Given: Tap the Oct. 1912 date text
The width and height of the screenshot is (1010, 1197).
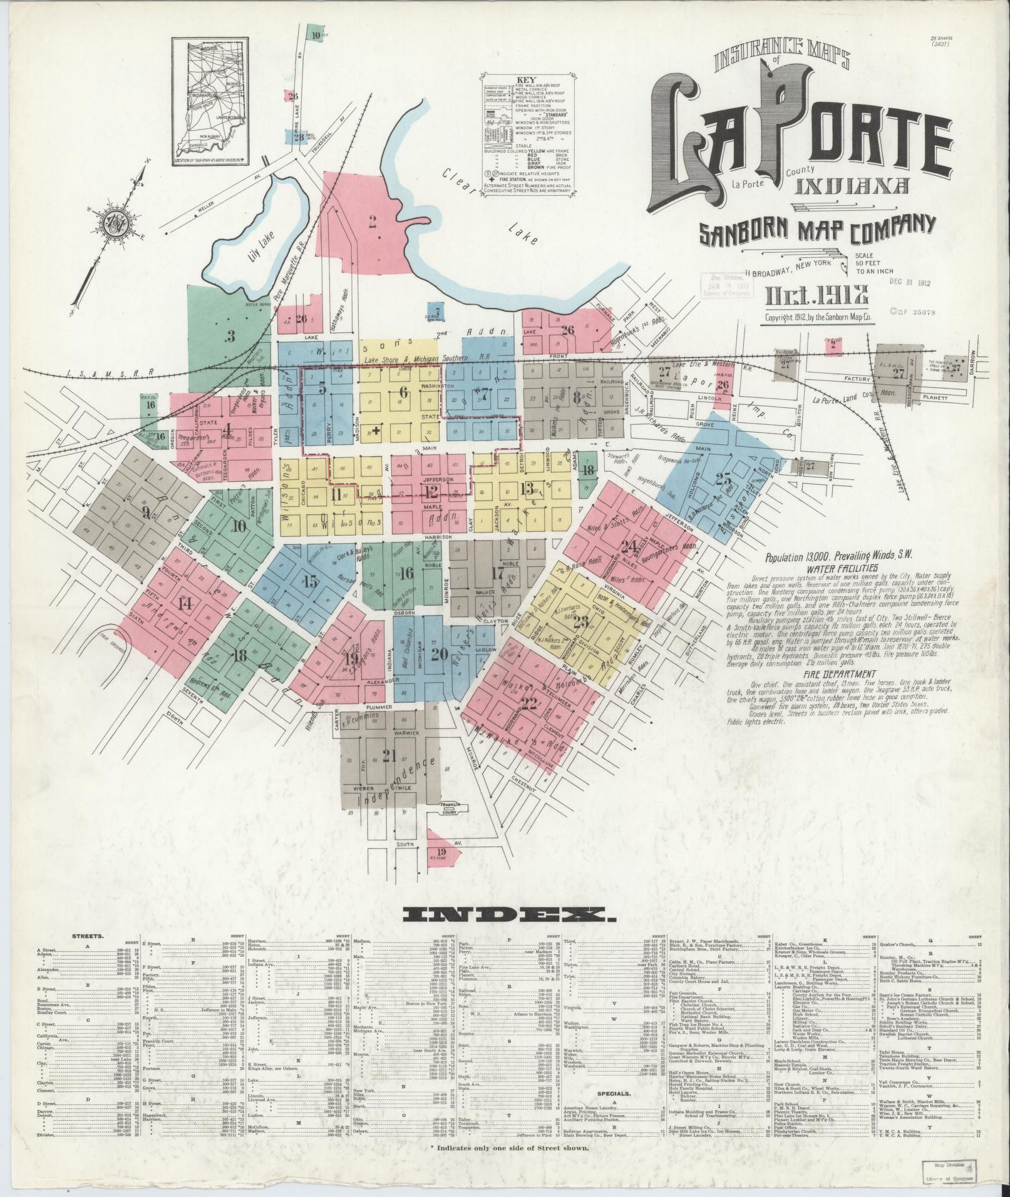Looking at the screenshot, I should point(813,293).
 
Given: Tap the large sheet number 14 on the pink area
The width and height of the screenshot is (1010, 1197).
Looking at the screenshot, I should point(184,603).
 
